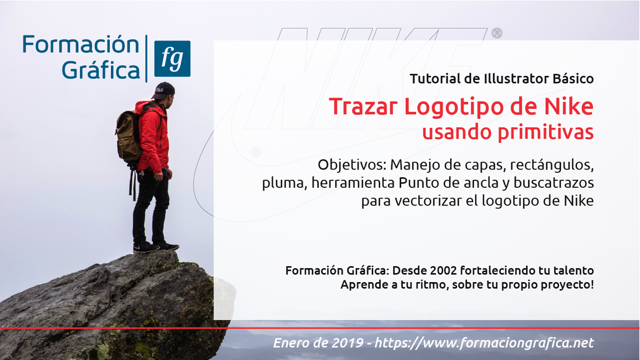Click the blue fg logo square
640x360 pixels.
click(x=172, y=59)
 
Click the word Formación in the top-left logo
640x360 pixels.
click(x=81, y=45)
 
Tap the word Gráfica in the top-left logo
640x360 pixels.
click(x=101, y=70)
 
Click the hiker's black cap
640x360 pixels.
click(x=164, y=90)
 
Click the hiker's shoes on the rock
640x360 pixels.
click(x=155, y=246)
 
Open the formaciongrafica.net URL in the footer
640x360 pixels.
click(x=484, y=343)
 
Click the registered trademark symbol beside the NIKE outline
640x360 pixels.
click(x=496, y=34)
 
